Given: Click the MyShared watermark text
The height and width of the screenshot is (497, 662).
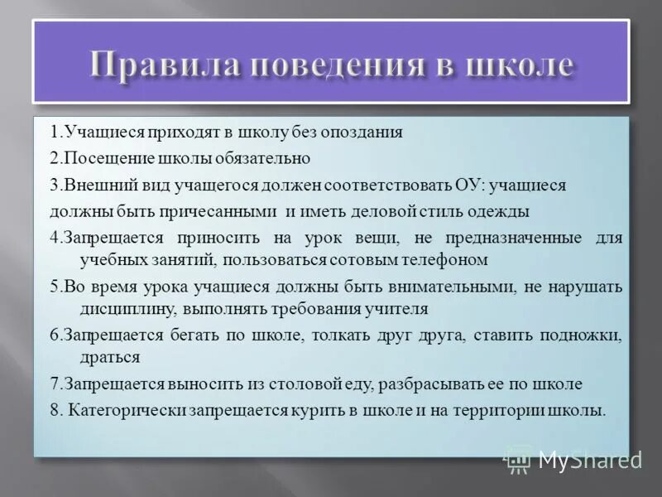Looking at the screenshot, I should pos(588,459).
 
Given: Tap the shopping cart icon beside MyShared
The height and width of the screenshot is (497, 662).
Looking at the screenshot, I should pos(520,458).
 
